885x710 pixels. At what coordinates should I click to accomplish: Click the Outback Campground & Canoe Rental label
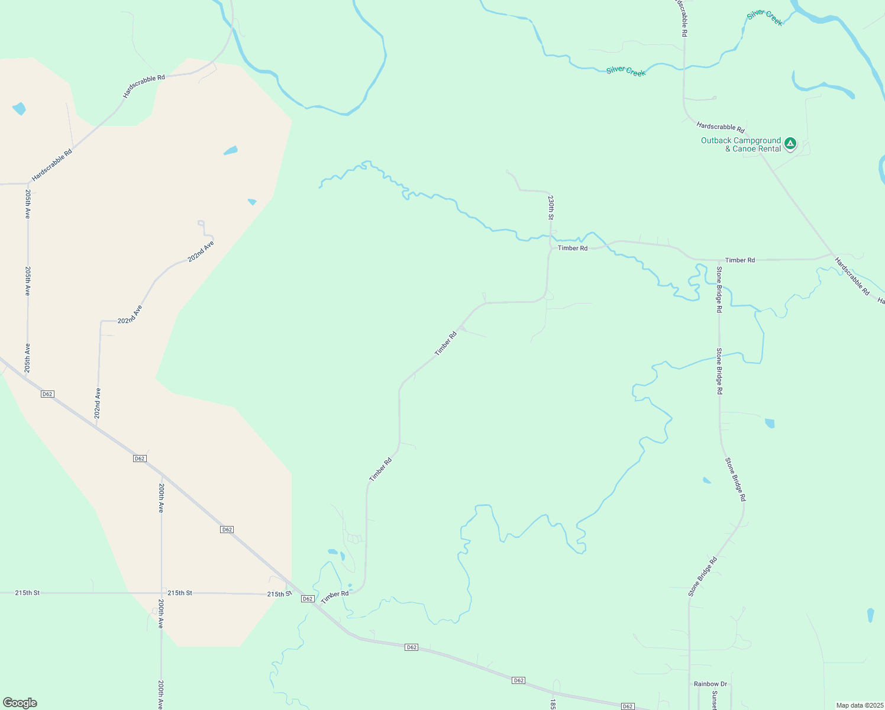[x=741, y=144]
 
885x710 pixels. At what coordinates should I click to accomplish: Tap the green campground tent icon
[x=790, y=143]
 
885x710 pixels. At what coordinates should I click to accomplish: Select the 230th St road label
[x=551, y=207]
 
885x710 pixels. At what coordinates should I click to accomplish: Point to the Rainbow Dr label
[x=710, y=684]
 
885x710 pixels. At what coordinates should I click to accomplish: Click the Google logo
[x=20, y=703]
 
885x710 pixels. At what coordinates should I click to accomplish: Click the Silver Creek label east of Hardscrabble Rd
[x=765, y=18]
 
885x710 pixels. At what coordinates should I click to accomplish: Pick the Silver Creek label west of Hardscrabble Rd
[x=626, y=71]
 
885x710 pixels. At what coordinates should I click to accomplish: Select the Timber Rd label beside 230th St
[x=573, y=248]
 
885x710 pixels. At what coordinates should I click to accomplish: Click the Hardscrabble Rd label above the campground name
[x=721, y=127]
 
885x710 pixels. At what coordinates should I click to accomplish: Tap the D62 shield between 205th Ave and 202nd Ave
[x=48, y=394]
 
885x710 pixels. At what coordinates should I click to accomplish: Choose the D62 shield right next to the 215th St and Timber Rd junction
[x=307, y=599]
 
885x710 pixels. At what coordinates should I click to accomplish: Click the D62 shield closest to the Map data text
[x=628, y=706]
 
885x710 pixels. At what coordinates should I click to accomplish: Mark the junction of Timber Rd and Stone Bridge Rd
[x=718, y=260]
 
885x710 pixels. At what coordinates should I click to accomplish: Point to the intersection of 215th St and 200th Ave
[x=161, y=593]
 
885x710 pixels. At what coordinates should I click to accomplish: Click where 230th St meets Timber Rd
[x=550, y=247]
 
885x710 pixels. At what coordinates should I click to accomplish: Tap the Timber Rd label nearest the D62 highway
[x=335, y=597]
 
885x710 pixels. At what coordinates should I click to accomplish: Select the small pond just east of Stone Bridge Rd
[x=770, y=423]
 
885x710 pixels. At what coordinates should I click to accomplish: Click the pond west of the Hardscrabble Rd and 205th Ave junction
[x=19, y=109]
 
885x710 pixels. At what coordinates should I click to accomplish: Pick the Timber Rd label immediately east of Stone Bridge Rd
[x=740, y=260]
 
